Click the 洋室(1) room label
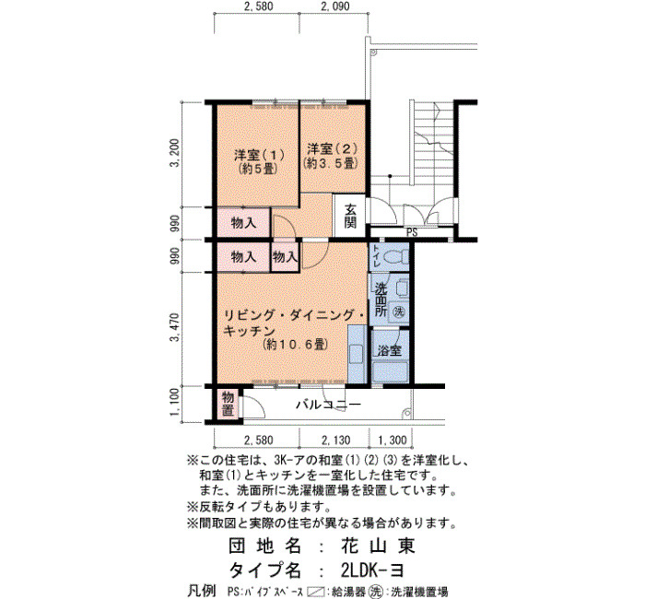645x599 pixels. [x=260, y=155]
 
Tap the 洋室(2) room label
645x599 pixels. [x=332, y=148]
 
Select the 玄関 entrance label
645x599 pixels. [x=350, y=216]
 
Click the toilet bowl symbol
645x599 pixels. [x=395, y=257]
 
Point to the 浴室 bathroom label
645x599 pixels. [x=390, y=350]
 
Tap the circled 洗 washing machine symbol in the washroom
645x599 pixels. [x=398, y=311]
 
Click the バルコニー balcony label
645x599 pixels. [x=329, y=405]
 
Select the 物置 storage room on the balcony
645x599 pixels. [x=228, y=404]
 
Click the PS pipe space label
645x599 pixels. [x=412, y=233]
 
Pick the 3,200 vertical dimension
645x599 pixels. [x=176, y=154]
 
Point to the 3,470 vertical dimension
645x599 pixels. [x=176, y=327]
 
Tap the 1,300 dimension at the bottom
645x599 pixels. [x=392, y=440]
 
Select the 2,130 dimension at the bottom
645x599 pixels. [x=335, y=440]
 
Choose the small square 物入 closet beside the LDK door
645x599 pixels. [x=285, y=257]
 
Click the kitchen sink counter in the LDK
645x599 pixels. [x=357, y=355]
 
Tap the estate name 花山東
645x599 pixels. [x=378, y=546]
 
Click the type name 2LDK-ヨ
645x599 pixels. [x=372, y=570]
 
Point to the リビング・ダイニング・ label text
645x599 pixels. [x=293, y=316]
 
